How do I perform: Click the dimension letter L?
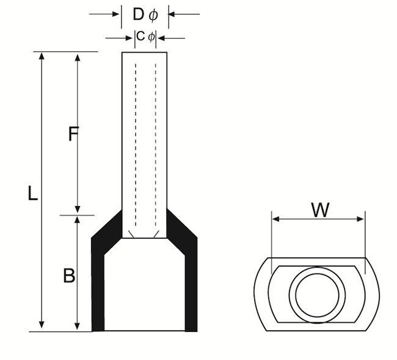pos(33,194)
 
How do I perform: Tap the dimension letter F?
pos(73,134)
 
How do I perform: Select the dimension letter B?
pos(70,276)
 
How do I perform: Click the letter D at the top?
pos(138,14)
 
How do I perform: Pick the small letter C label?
pos(140,37)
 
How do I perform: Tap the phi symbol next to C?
pos(151,37)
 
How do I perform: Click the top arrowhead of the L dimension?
pos(42,57)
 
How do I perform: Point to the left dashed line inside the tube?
pos(135,141)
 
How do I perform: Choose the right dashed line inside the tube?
pos(155,141)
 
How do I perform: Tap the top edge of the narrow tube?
pos(145,52)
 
